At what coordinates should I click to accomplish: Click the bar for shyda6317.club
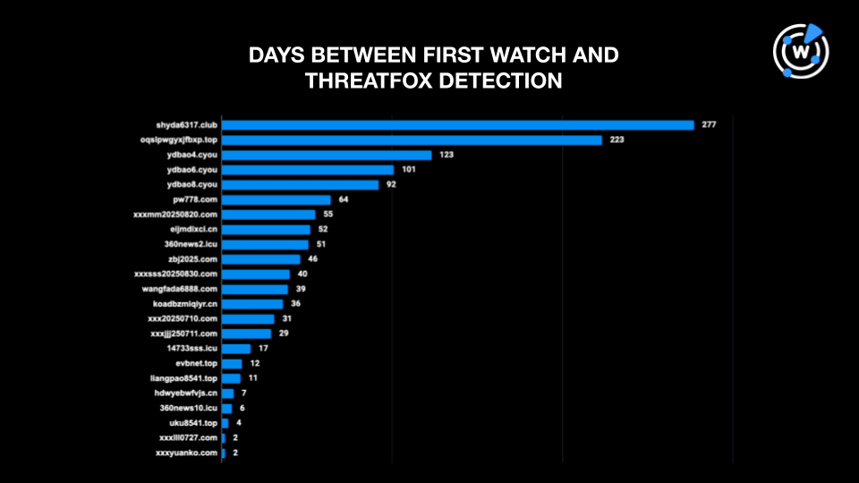(457, 124)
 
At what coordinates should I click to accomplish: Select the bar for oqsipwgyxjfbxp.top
(412, 140)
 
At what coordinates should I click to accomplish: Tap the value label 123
(446, 155)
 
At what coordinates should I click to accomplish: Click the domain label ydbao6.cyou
(191, 170)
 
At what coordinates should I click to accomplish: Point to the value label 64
(344, 199)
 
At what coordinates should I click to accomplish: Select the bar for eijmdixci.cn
(266, 229)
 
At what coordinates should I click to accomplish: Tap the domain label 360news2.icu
(188, 244)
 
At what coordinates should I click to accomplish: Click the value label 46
(313, 259)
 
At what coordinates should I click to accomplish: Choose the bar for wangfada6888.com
(255, 289)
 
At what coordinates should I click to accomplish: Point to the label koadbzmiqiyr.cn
(185, 304)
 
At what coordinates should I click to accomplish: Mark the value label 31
(287, 319)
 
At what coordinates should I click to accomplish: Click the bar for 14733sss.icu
(236, 349)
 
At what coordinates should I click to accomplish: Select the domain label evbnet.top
(197, 364)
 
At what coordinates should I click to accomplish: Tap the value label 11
(253, 378)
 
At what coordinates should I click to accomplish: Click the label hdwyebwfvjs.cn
(186, 394)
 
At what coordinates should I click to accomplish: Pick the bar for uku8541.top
(225, 423)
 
